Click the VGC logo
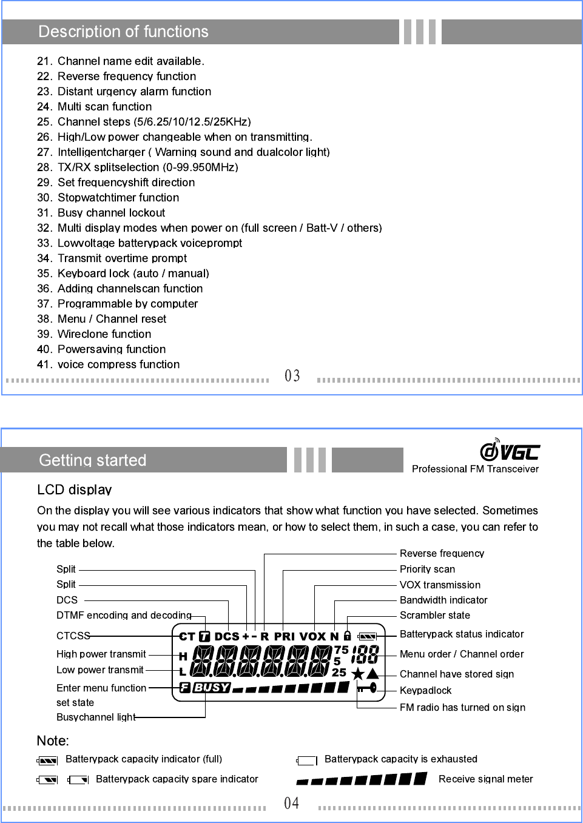tap(510, 451)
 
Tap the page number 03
tap(292, 376)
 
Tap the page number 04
tap(292, 804)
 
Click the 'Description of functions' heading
tap(123, 32)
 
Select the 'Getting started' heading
tap(92, 460)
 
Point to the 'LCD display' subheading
tap(74, 489)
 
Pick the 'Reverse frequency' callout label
tap(442, 553)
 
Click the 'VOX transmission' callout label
tap(440, 585)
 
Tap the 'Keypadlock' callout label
tap(425, 690)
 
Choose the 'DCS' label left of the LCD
tap(67, 600)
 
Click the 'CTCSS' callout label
tap(73, 636)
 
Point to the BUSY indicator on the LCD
tap(211, 688)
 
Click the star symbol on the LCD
tap(358, 674)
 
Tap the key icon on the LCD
tap(368, 688)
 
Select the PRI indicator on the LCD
tap(284, 637)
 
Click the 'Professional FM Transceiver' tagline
tap(475, 469)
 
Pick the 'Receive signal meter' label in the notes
tap(485, 779)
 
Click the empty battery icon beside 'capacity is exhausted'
tap(307, 761)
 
